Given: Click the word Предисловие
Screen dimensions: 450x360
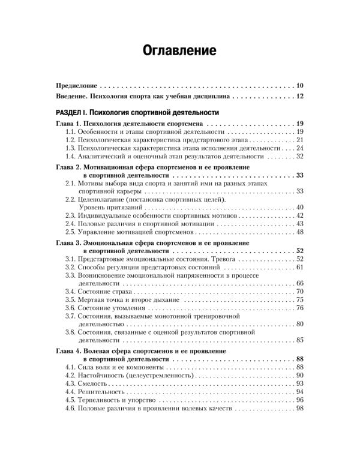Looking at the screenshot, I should click(x=75, y=85).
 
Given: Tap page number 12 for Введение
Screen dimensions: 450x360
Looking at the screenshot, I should click(x=300, y=96).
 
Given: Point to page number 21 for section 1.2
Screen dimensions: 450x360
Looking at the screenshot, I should click(x=300, y=139).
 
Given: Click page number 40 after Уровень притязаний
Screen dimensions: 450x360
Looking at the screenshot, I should click(x=300, y=207).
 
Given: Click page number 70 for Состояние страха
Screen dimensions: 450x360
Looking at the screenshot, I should click(x=300, y=291).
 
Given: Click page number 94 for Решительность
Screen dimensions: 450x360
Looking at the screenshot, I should click(x=300, y=391).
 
